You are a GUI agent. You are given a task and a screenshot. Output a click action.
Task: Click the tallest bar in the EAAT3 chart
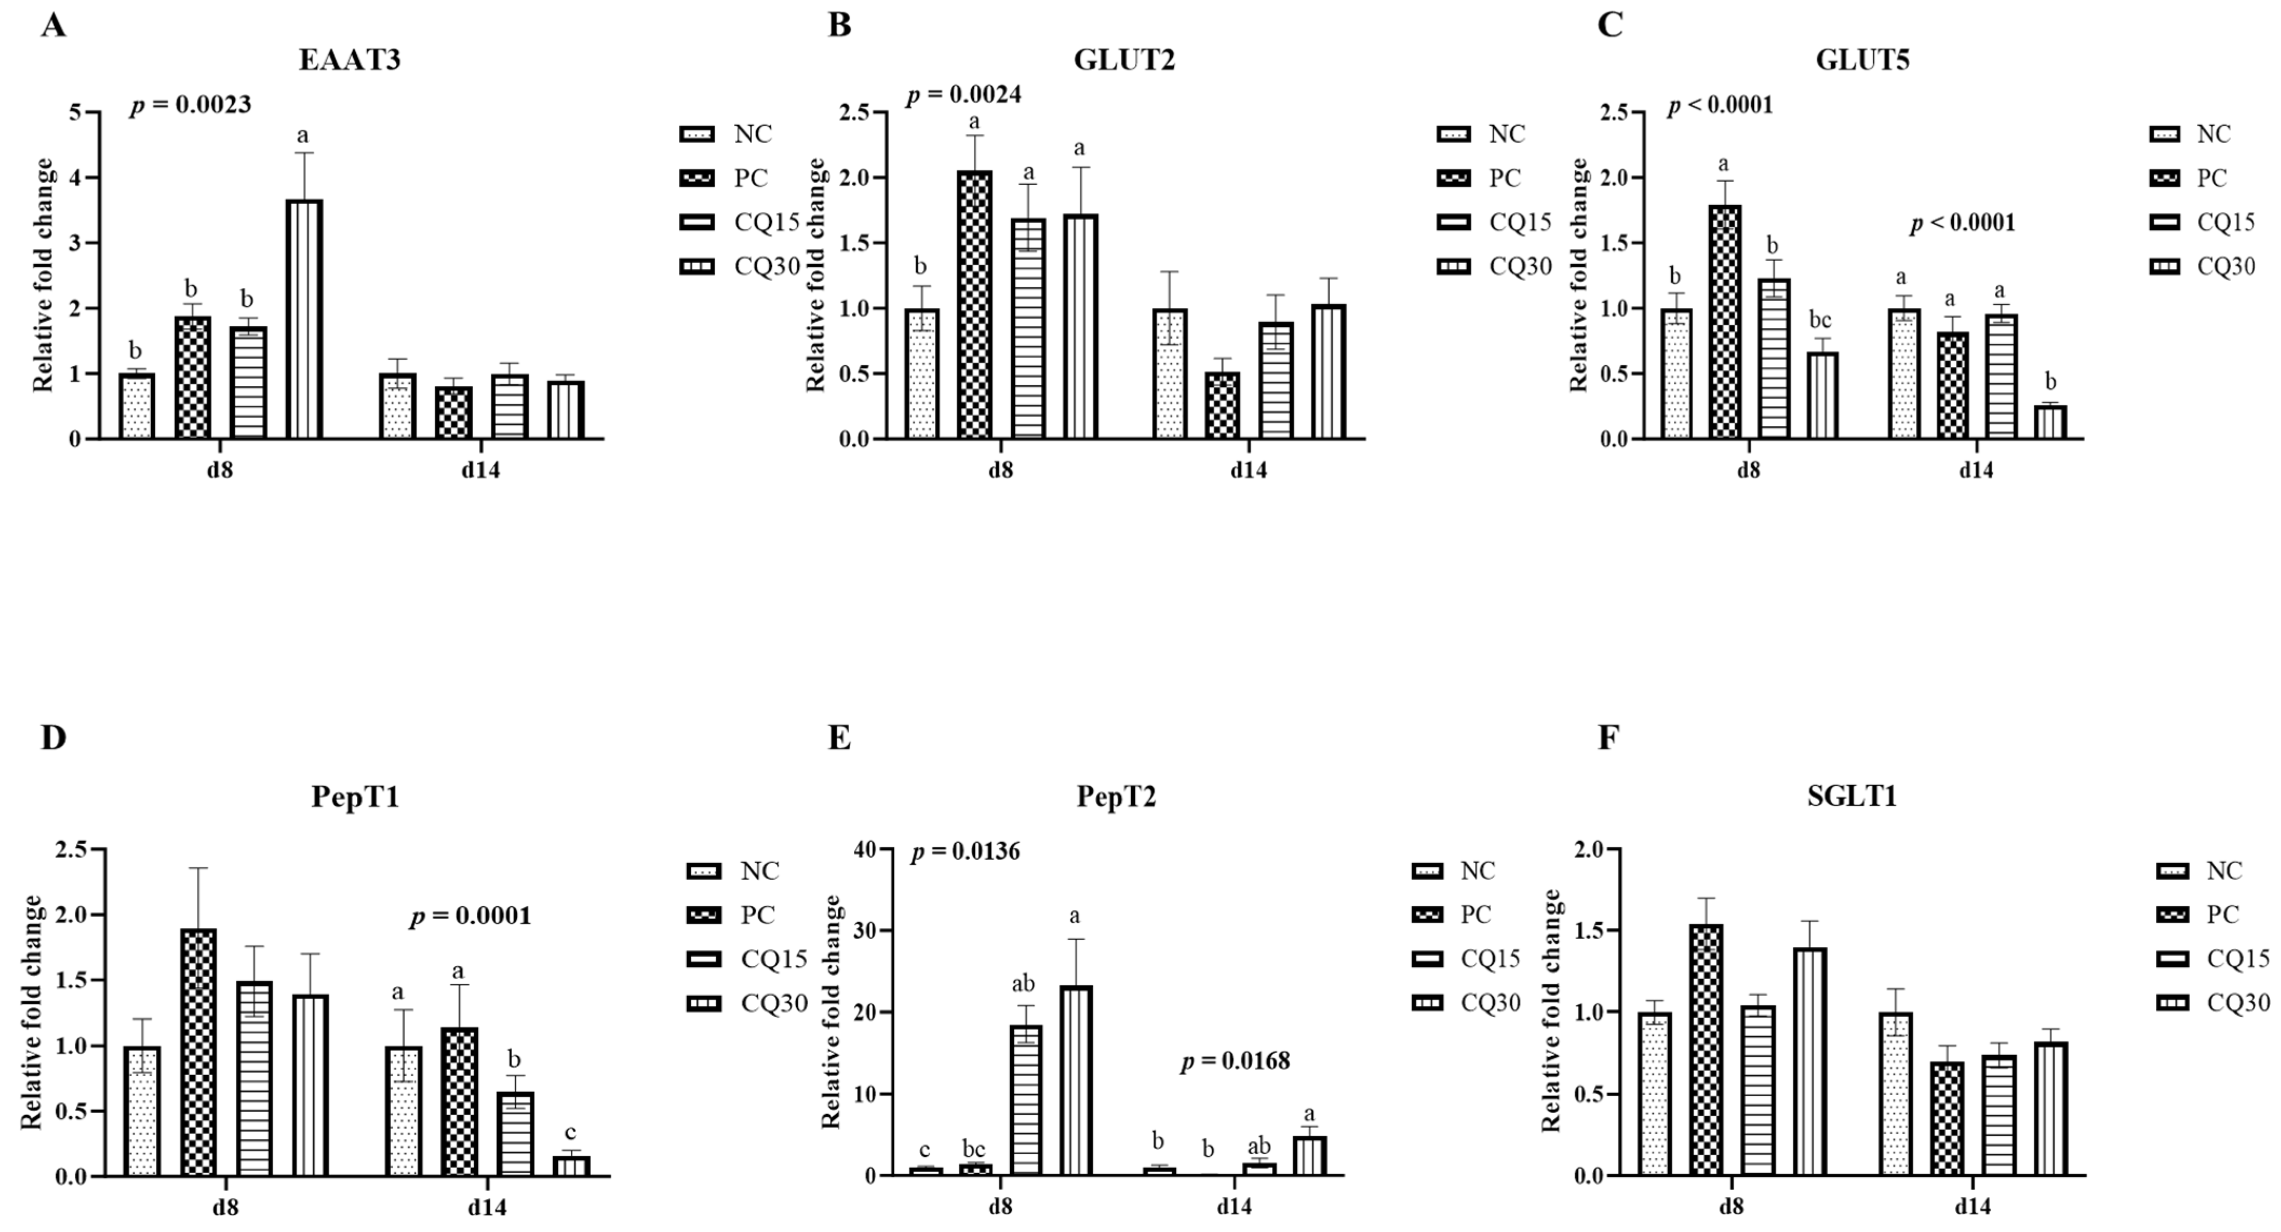[x=304, y=319]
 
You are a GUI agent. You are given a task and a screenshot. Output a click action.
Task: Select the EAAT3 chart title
[x=350, y=60]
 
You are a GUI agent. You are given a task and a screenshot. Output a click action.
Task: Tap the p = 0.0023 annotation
[x=190, y=105]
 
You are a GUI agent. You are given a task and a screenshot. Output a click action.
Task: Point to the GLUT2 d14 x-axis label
[x=1249, y=469]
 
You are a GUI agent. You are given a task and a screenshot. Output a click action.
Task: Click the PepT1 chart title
[x=355, y=797]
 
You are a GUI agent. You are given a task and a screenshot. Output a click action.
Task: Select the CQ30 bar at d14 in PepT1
[x=571, y=1166]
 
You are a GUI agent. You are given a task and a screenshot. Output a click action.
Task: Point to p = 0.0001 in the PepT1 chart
[x=470, y=916]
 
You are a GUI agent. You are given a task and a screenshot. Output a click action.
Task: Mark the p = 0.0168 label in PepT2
[x=1235, y=1061]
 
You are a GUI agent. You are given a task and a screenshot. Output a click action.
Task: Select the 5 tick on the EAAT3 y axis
[x=75, y=113]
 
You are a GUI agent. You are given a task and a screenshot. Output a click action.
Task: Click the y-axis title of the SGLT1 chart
[x=1551, y=1010]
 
